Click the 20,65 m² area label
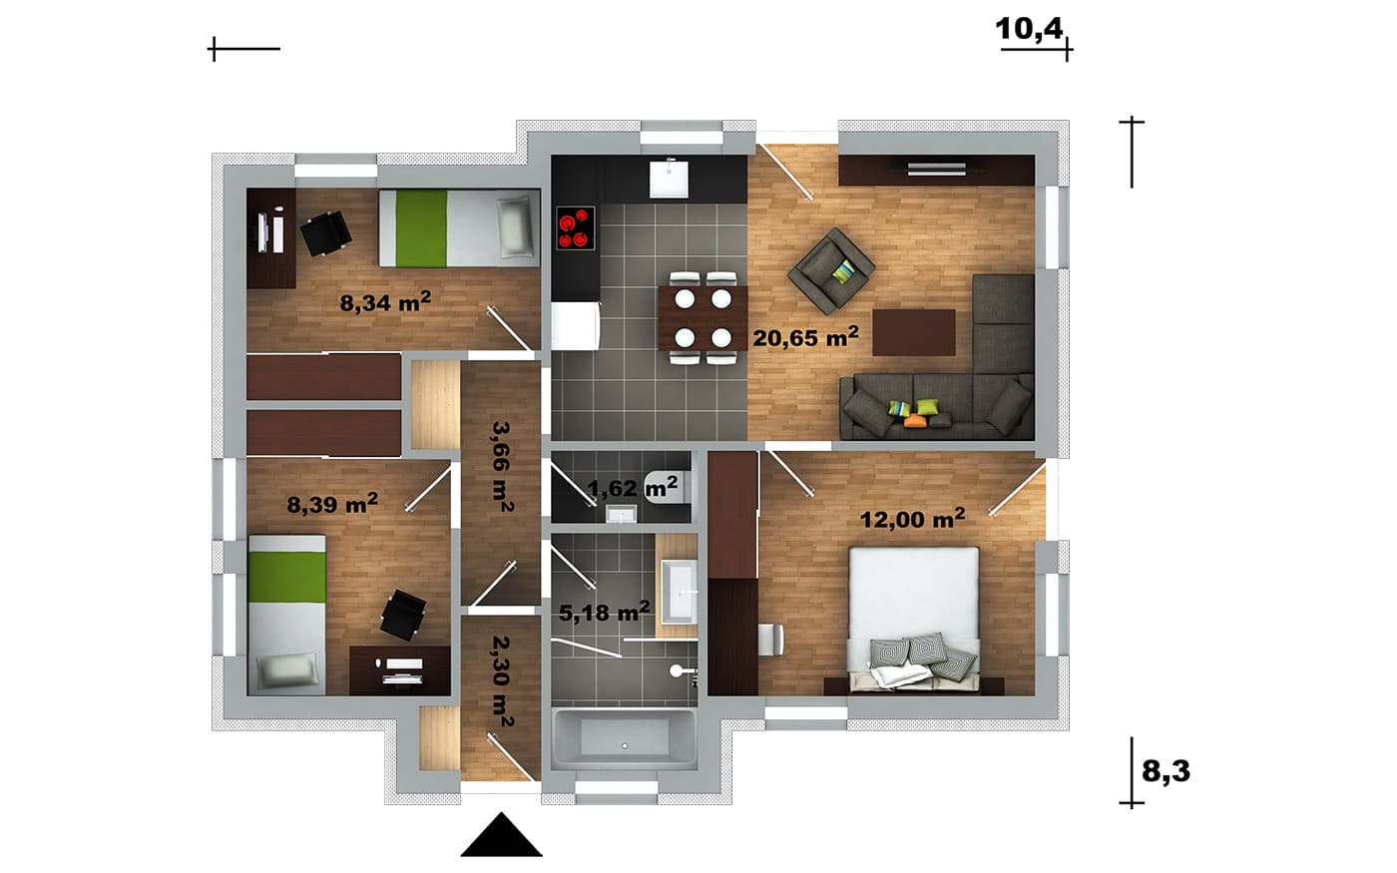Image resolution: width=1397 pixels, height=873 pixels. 805,337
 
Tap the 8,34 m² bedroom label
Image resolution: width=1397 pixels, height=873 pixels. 385,301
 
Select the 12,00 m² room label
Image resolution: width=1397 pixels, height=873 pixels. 912,518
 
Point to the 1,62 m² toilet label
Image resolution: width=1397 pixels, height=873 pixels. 632,487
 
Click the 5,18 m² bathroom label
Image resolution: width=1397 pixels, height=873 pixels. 604,612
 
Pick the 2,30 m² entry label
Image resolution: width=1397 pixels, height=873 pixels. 502,680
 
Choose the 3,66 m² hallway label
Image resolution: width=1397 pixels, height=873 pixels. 502,467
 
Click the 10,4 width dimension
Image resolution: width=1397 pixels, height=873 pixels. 1029,29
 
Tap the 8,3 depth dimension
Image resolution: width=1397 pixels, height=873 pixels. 1165,770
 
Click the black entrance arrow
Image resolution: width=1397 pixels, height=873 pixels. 501,835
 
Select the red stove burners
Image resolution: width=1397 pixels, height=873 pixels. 575,228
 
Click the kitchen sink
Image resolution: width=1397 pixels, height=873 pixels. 668,179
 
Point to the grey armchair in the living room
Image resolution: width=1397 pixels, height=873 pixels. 831,270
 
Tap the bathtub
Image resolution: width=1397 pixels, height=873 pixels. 625,740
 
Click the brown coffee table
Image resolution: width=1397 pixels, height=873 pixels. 914,332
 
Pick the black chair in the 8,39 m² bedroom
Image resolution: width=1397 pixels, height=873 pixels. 403,615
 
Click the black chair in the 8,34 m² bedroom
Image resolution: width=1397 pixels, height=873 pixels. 325,233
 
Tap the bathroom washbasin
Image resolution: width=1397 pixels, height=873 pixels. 679,591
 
